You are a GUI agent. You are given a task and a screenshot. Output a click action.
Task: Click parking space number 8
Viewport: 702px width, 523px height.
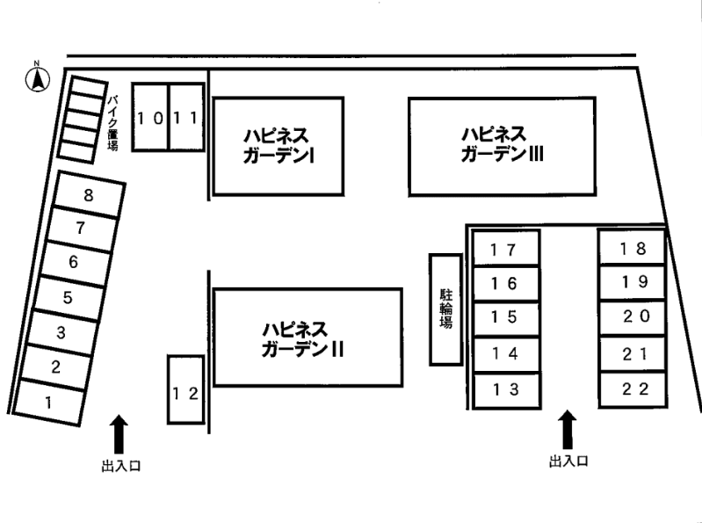click(88, 196)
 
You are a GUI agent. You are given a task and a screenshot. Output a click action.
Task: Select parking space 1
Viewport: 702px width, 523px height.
click(49, 403)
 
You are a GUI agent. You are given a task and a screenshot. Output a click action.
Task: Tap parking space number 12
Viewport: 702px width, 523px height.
click(185, 393)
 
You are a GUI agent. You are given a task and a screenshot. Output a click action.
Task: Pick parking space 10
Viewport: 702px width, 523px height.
click(150, 117)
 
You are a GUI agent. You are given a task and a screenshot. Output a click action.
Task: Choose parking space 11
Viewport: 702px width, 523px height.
click(186, 117)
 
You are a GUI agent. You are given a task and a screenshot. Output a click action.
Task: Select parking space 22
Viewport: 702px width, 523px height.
click(632, 389)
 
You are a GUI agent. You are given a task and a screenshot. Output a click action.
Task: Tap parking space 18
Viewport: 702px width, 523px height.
click(632, 248)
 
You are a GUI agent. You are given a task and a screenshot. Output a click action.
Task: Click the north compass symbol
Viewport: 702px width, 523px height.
click(38, 79)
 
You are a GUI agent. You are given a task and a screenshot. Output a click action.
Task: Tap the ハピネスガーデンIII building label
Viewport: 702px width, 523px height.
click(502, 143)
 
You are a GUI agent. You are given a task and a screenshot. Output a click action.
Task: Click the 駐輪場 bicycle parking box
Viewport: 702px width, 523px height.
click(445, 309)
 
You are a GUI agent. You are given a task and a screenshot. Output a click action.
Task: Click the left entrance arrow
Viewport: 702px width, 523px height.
click(119, 434)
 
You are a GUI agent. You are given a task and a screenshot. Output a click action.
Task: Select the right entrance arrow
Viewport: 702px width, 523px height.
click(568, 429)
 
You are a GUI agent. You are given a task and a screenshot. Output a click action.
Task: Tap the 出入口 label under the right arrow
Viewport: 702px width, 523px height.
click(568, 461)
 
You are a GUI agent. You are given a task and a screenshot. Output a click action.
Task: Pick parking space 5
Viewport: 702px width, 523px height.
click(68, 297)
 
